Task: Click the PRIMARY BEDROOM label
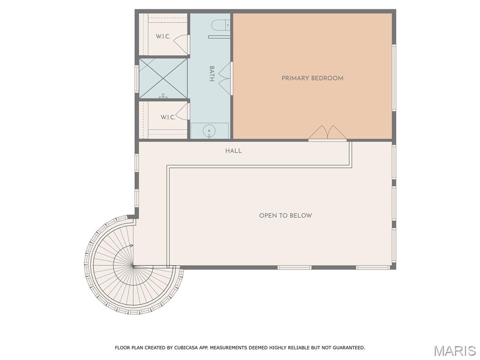[x=312, y=78]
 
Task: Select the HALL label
[x=233, y=151]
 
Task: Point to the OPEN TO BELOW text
[x=285, y=216]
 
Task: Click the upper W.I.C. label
[x=163, y=37]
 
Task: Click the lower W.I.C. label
[x=168, y=117]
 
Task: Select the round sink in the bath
[x=208, y=131]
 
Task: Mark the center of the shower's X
[x=163, y=78]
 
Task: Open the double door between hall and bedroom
[x=327, y=133]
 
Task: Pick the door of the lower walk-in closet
[x=182, y=112]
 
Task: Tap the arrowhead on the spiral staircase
[x=133, y=246]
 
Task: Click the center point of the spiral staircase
[x=134, y=266]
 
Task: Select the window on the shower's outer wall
[x=137, y=78]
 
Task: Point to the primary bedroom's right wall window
[x=394, y=78]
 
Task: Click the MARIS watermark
[x=454, y=351]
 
